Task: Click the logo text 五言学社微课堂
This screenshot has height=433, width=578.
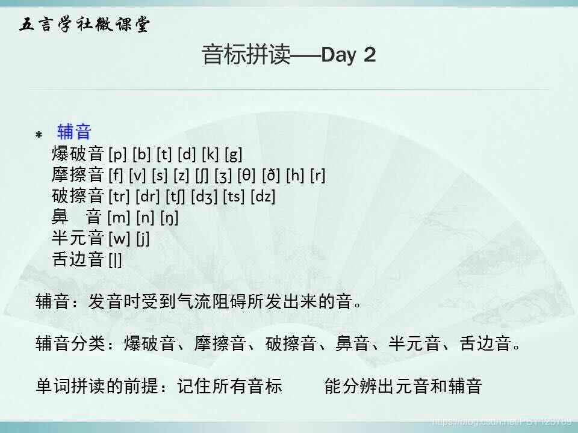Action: (84, 25)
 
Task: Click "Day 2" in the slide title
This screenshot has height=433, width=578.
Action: (349, 55)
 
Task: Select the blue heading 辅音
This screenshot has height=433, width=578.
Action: (74, 132)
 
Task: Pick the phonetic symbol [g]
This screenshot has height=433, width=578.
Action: (233, 155)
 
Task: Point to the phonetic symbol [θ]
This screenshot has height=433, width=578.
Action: (247, 176)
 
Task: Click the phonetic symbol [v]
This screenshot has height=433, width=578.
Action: (139, 176)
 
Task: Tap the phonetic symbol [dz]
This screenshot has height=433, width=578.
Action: (263, 196)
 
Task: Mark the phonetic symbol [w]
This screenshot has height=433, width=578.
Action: (119, 238)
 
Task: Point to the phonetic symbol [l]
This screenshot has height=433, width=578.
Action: (115, 259)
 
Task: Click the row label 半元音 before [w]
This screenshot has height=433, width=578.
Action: (78, 238)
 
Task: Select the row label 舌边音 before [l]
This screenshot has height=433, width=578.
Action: (78, 259)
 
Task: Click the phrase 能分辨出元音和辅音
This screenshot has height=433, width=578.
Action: (403, 386)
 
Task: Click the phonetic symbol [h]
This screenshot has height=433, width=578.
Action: (296, 176)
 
